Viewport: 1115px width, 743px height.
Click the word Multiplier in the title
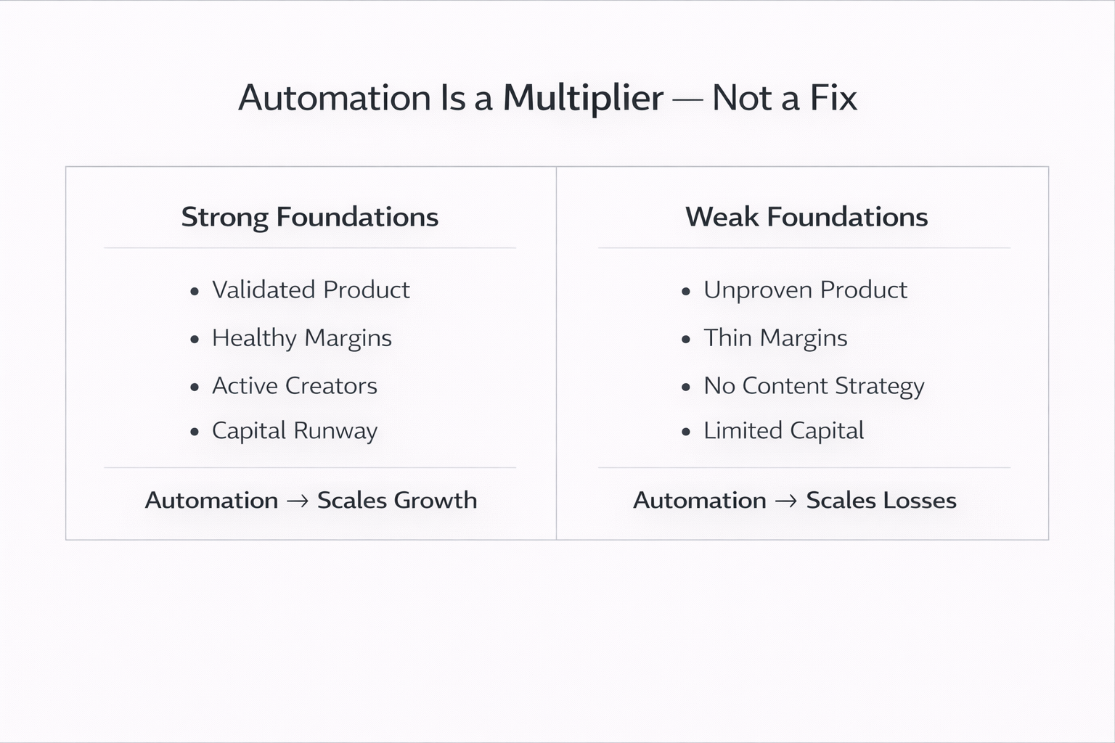pyautogui.click(x=583, y=98)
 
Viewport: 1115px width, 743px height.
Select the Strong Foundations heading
pyautogui.click(x=309, y=217)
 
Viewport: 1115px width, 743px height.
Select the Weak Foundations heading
pyautogui.click(x=806, y=217)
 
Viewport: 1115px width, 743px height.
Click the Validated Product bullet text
pyautogui.click(x=311, y=290)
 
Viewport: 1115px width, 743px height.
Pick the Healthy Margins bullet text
pyautogui.click(x=301, y=338)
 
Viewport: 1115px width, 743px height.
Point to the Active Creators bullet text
pyautogui.click(x=294, y=386)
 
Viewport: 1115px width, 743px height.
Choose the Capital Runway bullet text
pyautogui.click(x=294, y=431)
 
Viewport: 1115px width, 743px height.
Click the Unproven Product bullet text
pyautogui.click(x=805, y=290)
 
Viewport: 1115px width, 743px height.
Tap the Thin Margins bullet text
pyautogui.click(x=775, y=338)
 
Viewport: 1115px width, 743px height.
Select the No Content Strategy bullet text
pyautogui.click(x=814, y=386)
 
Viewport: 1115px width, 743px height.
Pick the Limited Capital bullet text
pyautogui.click(x=783, y=431)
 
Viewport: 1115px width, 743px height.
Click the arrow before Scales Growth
pyautogui.click(x=298, y=501)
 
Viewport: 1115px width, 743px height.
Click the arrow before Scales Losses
pyautogui.click(x=786, y=501)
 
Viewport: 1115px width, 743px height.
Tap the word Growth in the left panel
pyautogui.click(x=436, y=501)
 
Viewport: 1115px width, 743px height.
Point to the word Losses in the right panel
pyautogui.click(x=920, y=501)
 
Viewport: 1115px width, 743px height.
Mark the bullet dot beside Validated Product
pyautogui.click(x=194, y=292)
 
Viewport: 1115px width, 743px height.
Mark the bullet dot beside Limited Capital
pyautogui.click(x=686, y=432)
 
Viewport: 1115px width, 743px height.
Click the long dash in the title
pyautogui.click(x=687, y=99)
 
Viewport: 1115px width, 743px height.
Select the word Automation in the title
pyautogui.click(x=335, y=98)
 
